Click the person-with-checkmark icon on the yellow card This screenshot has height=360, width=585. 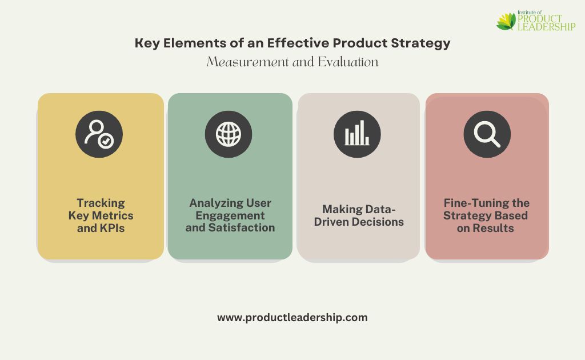(x=99, y=134)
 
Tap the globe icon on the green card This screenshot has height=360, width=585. (x=229, y=134)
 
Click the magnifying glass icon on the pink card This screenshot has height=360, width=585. (x=487, y=134)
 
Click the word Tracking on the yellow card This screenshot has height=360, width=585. (x=101, y=203)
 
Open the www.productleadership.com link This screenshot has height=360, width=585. (x=292, y=318)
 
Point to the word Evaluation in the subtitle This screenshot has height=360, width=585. (x=348, y=62)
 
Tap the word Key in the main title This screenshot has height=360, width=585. (x=147, y=43)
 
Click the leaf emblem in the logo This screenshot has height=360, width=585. (x=506, y=21)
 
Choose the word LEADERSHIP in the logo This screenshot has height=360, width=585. (x=547, y=27)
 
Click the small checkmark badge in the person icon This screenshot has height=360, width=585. (x=106, y=141)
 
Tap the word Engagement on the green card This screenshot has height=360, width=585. (x=230, y=215)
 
